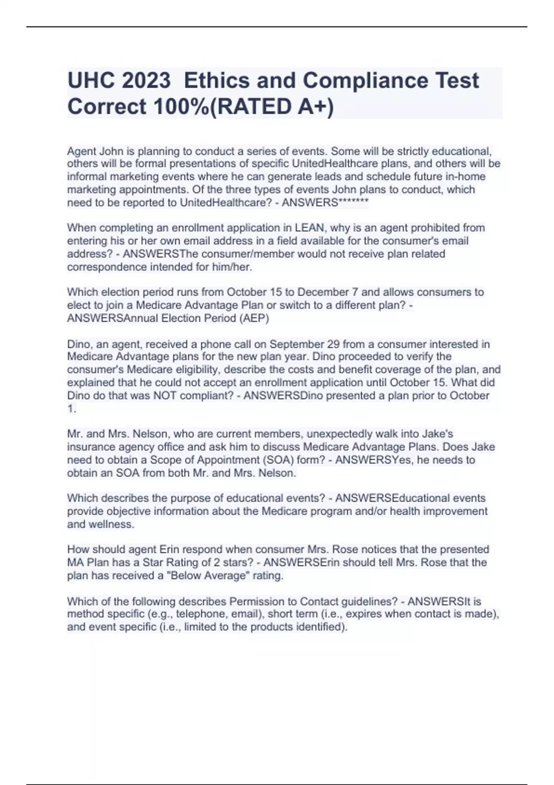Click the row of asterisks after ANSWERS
(x=354, y=202)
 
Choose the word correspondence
(x=102, y=267)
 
